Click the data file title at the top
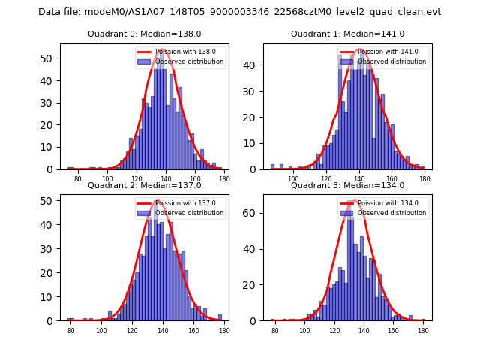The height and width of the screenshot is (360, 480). (240, 12)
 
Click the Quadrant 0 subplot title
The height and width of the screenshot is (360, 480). (145, 34)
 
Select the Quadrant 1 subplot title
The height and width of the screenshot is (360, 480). (348, 34)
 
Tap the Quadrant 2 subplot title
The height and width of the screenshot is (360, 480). (145, 185)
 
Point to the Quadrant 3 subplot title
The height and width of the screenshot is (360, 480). (348, 185)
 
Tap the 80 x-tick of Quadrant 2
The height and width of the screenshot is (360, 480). (71, 331)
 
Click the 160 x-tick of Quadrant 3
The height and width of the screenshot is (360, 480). (393, 331)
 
